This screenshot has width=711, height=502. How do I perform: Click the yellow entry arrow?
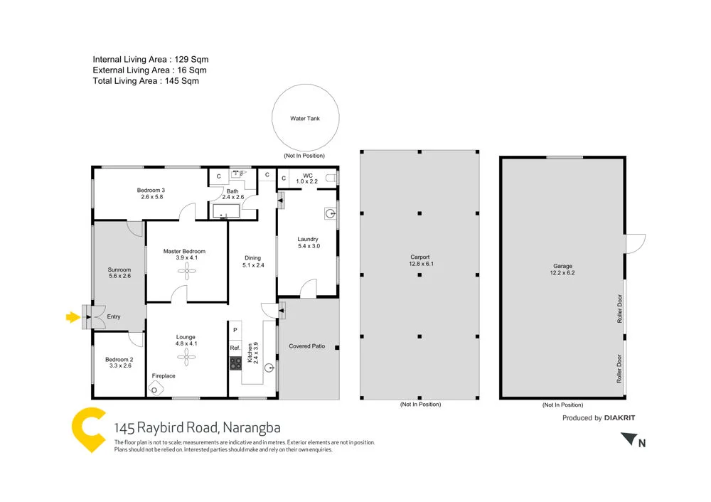72,317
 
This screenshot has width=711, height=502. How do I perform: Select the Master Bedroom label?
184,251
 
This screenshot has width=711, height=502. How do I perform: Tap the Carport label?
420,257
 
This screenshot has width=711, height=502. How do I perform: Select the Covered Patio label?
306,346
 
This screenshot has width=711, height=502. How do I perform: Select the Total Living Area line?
146,81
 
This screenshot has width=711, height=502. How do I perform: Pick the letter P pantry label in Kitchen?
235,330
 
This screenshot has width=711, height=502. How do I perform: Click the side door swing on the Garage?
635,244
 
